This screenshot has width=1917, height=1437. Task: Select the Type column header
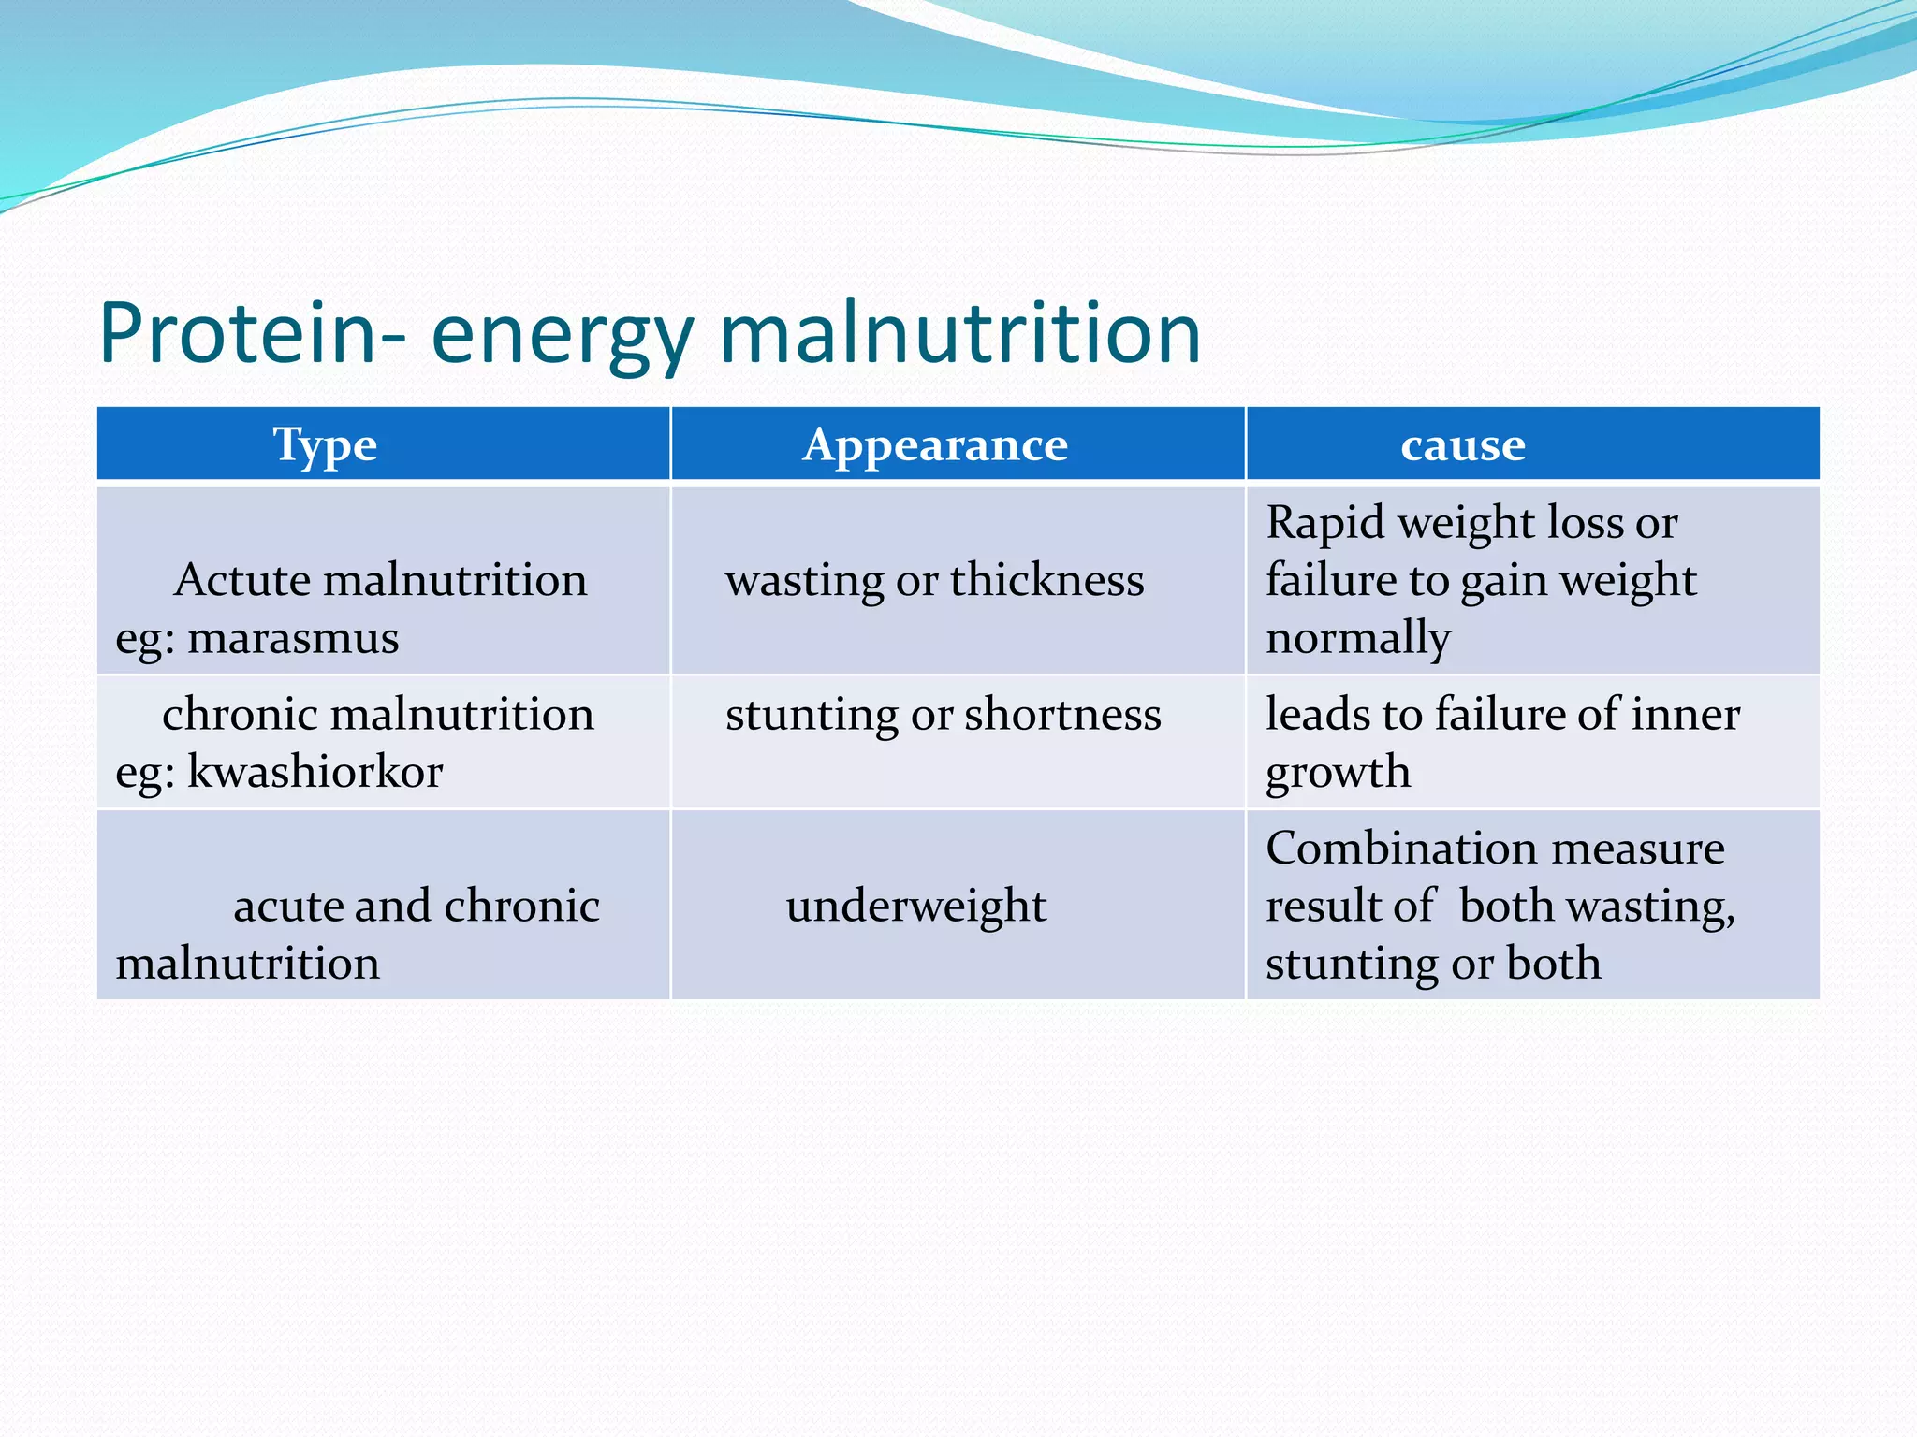(325, 444)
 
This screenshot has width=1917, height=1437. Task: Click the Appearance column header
(935, 444)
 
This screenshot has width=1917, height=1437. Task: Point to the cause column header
(1463, 444)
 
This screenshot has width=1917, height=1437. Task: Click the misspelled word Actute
(241, 580)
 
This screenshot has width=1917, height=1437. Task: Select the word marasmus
(293, 638)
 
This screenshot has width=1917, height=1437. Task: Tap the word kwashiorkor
(315, 772)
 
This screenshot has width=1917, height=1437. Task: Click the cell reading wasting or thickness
(934, 580)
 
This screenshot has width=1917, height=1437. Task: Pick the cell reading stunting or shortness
(943, 715)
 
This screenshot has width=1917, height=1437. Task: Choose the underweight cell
(916, 906)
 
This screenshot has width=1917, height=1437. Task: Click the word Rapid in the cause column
(1324, 523)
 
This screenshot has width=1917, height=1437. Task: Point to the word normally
(1358, 638)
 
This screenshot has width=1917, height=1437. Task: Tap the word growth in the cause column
(1338, 773)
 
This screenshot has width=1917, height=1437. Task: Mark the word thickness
(1047, 580)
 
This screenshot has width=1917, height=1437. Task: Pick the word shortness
(1062, 715)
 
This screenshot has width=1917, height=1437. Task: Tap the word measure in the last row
(1637, 849)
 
